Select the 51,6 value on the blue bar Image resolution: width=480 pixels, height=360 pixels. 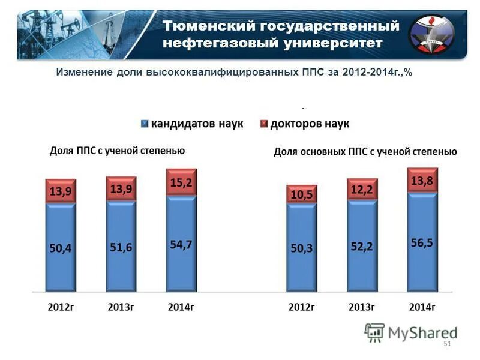(121, 247)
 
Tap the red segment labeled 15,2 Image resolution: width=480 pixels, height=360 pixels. (181, 182)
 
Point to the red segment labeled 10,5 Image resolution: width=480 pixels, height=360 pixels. (302, 195)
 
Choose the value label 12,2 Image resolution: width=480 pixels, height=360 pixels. (362, 190)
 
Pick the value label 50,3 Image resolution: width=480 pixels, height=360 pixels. (302, 248)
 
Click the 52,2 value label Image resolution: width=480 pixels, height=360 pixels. (362, 247)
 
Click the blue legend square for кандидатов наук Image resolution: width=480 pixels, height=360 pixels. (144, 124)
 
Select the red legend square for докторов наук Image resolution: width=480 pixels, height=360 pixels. (263, 124)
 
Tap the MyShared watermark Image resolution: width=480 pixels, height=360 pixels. (411, 332)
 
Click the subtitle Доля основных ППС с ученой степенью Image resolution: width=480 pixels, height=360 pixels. (365, 152)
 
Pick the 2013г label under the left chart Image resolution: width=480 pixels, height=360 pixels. (121, 307)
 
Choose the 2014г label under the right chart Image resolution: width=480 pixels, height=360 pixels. (422, 307)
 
